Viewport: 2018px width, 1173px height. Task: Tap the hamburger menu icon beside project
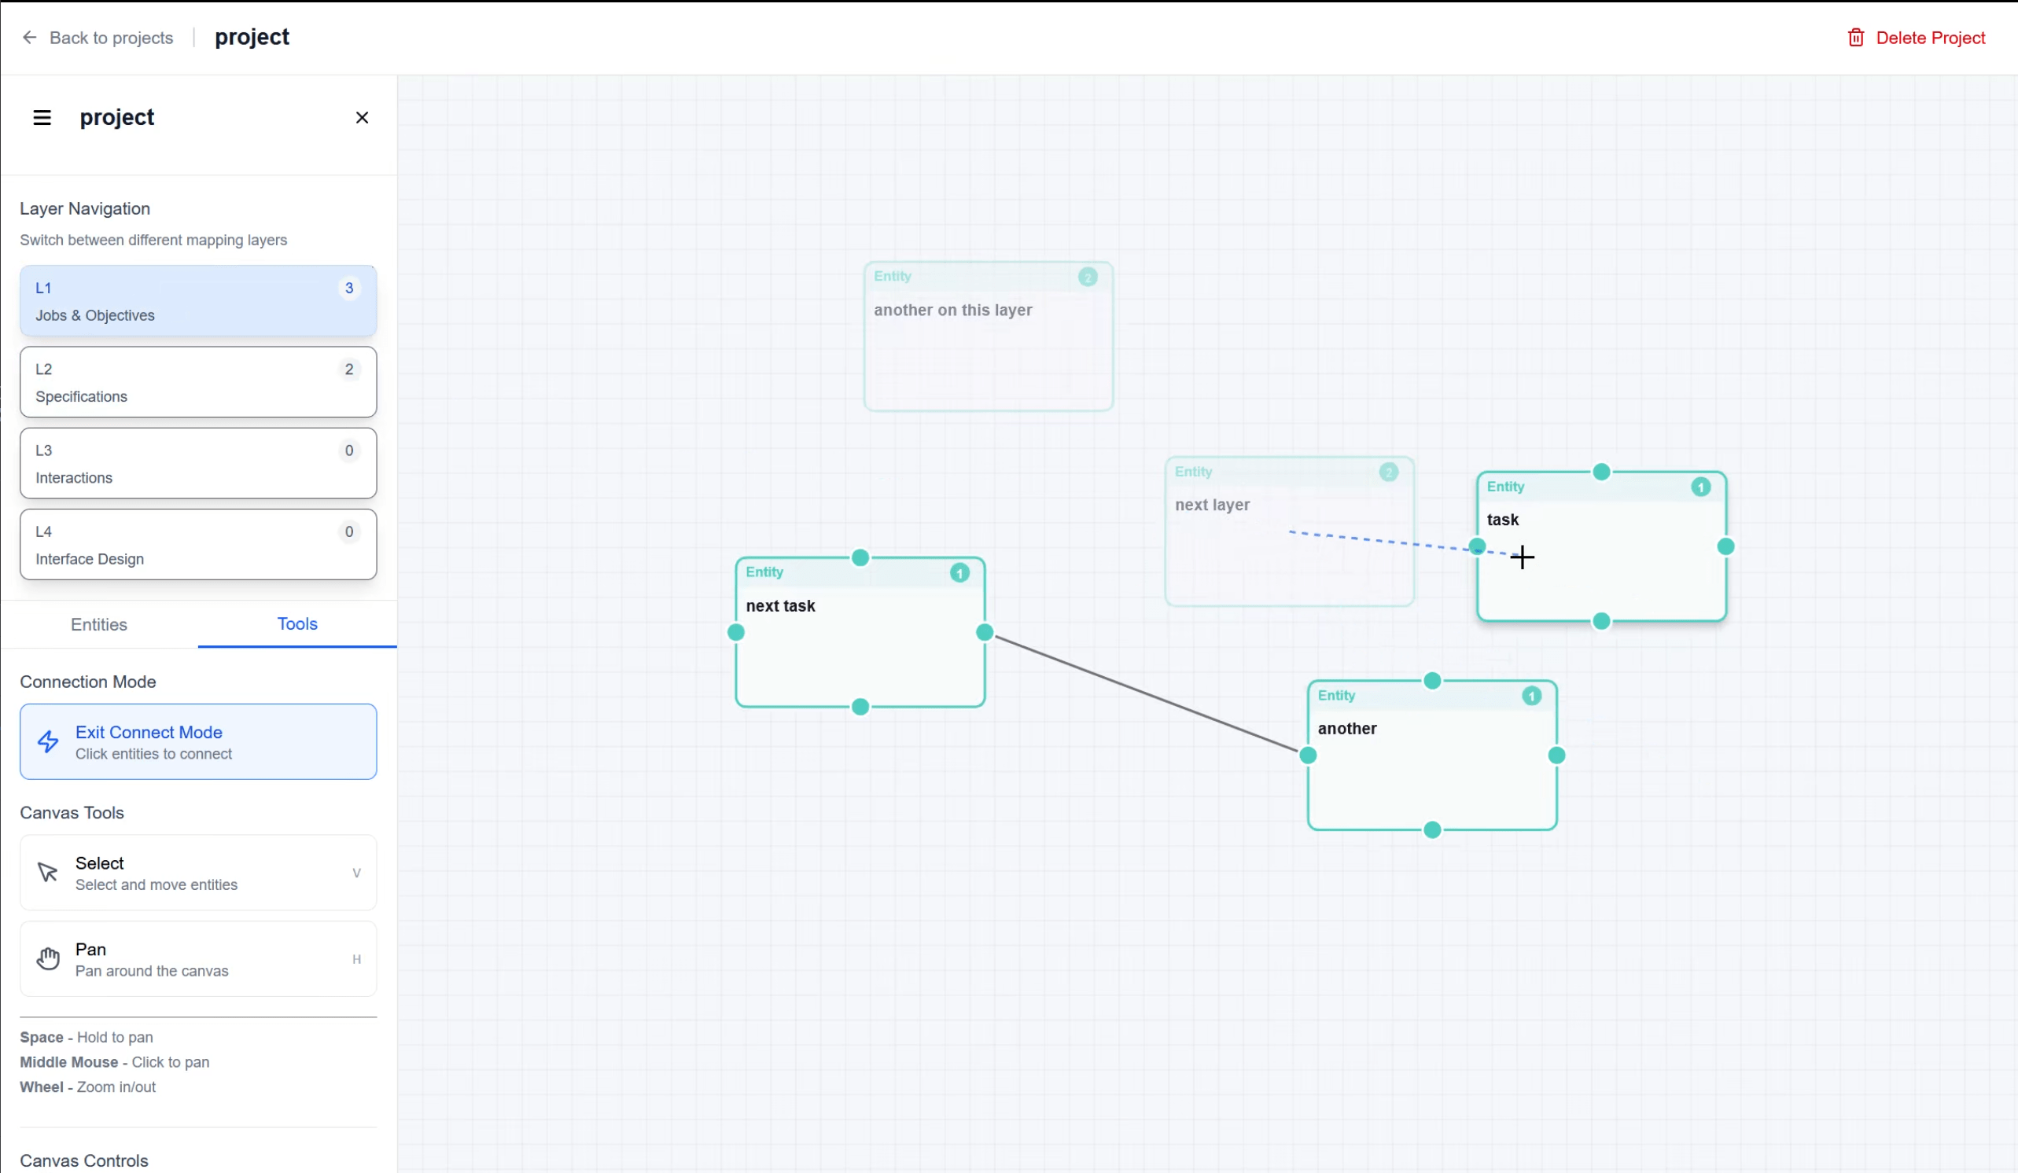(42, 118)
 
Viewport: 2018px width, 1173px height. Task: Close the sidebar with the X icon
(362, 118)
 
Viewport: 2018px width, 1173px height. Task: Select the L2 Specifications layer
(198, 382)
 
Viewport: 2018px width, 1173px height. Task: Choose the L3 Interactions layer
(198, 463)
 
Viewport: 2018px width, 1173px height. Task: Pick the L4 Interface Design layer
(198, 545)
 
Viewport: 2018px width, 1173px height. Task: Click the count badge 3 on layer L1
(349, 289)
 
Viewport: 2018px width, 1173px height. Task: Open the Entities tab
(98, 624)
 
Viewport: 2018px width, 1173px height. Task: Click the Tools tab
(297, 623)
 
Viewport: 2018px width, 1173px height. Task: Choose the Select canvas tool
(198, 873)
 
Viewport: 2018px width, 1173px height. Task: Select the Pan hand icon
(48, 958)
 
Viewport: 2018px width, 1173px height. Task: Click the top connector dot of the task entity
(1600, 473)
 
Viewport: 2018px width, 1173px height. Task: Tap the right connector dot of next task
(985, 633)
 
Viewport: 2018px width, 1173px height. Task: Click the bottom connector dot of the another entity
(1433, 830)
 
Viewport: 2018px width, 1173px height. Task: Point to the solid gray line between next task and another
(1145, 693)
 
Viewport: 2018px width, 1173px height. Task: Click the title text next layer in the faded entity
(1213, 506)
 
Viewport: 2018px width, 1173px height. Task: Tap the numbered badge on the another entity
(1531, 696)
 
